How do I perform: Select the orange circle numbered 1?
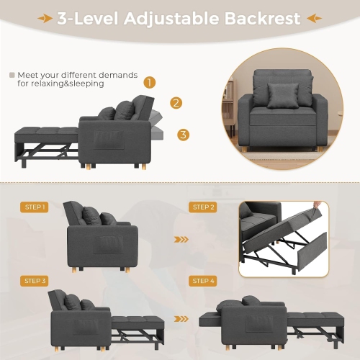(x=150, y=83)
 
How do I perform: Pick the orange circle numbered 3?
(x=183, y=135)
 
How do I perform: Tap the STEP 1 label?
(x=35, y=207)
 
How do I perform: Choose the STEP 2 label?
(x=203, y=207)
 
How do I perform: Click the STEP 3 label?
(x=35, y=280)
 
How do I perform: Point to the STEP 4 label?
(x=203, y=280)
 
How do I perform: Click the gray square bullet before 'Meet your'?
(x=12, y=74)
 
